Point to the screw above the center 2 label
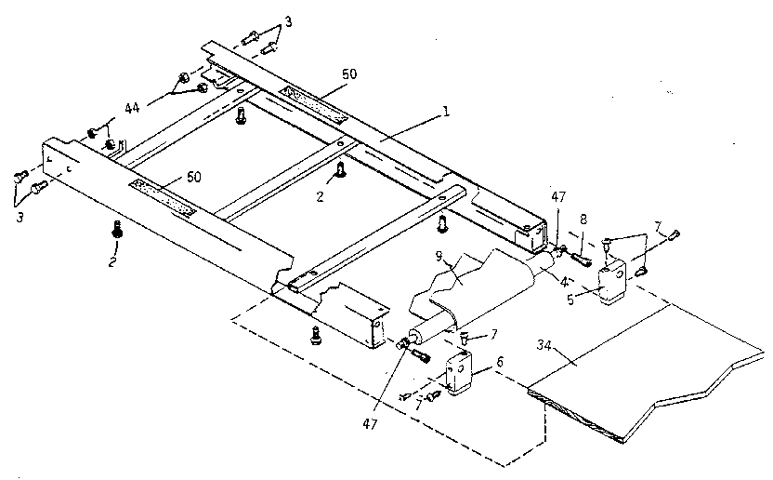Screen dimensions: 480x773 coord(342,168)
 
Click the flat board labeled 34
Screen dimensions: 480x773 coord(632,372)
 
